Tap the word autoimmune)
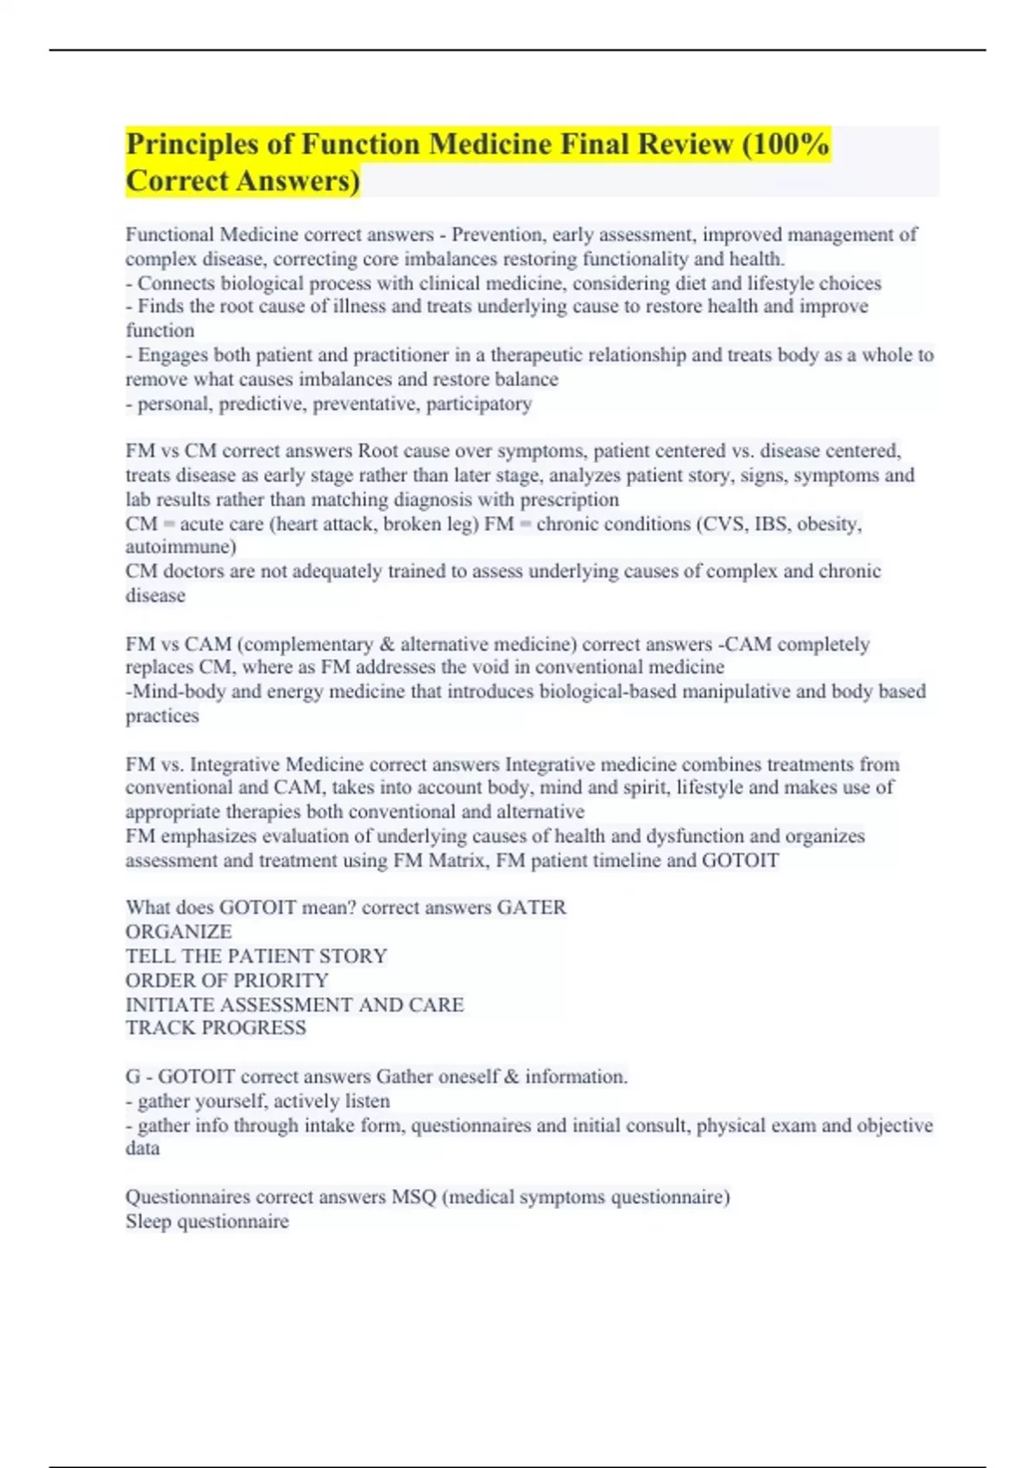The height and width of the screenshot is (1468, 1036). coord(180,547)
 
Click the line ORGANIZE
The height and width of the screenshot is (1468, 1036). coord(179,933)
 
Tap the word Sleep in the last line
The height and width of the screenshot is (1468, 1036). coord(148,1222)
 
